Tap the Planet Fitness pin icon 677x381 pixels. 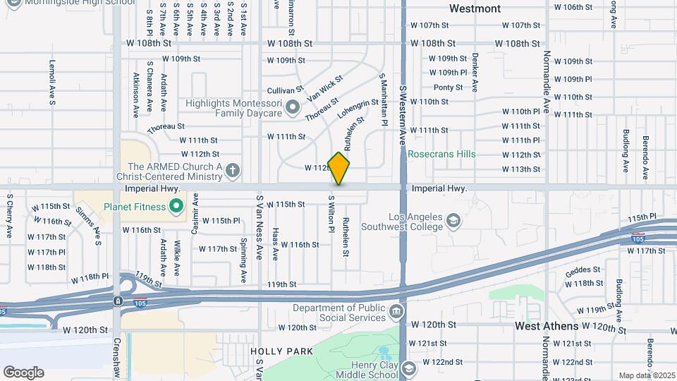pyautogui.click(x=177, y=207)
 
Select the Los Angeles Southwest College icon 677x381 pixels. pyautogui.click(x=453, y=222)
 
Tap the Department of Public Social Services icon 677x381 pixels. pyautogui.click(x=396, y=311)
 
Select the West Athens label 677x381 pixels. pyautogui.click(x=547, y=326)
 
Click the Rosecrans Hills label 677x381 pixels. pyautogui.click(x=441, y=154)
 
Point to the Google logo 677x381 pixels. pyautogui.click(x=23, y=372)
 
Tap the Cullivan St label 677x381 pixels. pyautogui.click(x=285, y=90)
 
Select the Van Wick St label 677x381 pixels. pyautogui.click(x=324, y=88)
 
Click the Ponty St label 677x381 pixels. pyautogui.click(x=448, y=87)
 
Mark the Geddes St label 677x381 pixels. pyautogui.click(x=583, y=269)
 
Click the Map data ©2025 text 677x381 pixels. pyautogui.click(x=645, y=375)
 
